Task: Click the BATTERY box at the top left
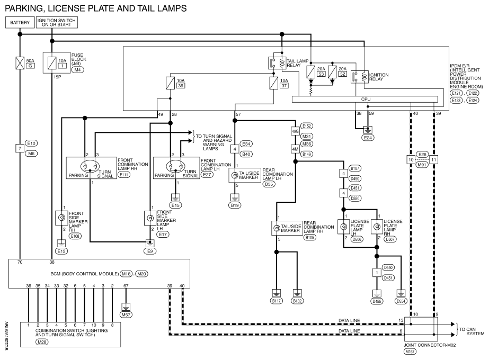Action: pyautogui.click(x=20, y=22)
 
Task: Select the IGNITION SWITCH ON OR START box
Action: pyautogui.click(x=57, y=22)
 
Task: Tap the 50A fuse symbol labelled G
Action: pyautogui.click(x=20, y=63)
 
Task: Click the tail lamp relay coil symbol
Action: pyautogui.click(x=282, y=63)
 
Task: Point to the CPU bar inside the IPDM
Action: pyautogui.click(x=365, y=99)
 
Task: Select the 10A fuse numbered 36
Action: pyautogui.click(x=170, y=83)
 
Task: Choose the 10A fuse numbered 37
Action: pyautogui.click(x=273, y=83)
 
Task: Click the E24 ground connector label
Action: pyautogui.click(x=368, y=138)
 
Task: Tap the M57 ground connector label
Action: pyautogui.click(x=126, y=314)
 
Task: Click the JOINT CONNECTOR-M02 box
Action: pyautogui.click(x=421, y=329)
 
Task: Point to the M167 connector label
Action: pyautogui.click(x=410, y=352)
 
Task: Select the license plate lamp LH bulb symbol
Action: pyautogui.click(x=344, y=227)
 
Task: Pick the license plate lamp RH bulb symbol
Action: pyautogui.click(x=377, y=227)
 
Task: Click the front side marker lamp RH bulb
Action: pyautogui.click(x=62, y=218)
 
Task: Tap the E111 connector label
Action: pyautogui.click(x=124, y=175)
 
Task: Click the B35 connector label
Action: pyautogui.click(x=269, y=184)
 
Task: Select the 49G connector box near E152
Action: pyautogui.click(x=295, y=131)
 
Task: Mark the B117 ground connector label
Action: pyautogui.click(x=277, y=301)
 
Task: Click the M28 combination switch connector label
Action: pyautogui.click(x=42, y=342)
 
